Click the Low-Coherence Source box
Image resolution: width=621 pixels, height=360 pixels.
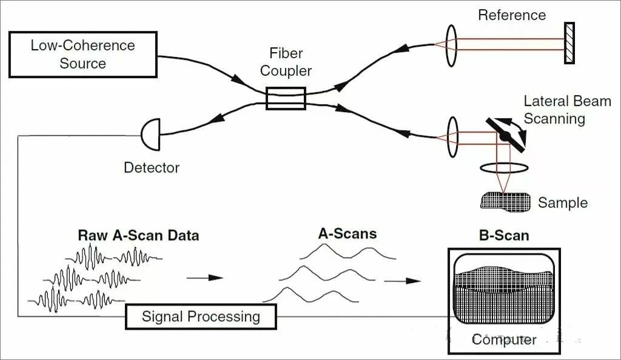click(x=83, y=55)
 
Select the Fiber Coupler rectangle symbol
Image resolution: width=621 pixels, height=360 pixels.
click(x=286, y=98)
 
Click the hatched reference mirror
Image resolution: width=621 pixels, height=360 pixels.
click(x=569, y=43)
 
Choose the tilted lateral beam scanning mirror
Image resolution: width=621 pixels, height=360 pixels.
click(x=505, y=136)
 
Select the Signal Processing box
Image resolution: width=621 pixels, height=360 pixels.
click(x=201, y=316)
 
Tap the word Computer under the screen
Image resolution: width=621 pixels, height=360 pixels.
click(x=504, y=339)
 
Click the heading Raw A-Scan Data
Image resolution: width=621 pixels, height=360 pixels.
click(x=138, y=235)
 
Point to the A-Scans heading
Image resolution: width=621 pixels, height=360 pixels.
click(x=347, y=233)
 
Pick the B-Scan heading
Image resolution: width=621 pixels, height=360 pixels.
click(x=503, y=235)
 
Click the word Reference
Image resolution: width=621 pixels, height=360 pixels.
click(x=512, y=15)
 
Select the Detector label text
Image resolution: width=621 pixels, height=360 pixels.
click(x=152, y=167)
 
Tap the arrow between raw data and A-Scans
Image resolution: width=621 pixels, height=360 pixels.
click(x=204, y=278)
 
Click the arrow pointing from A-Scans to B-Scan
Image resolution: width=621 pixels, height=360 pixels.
click(x=402, y=281)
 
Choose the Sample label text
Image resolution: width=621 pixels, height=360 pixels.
click(x=563, y=202)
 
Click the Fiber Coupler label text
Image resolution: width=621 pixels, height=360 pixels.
click(x=286, y=62)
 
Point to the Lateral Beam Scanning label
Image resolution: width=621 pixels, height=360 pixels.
click(x=567, y=110)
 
